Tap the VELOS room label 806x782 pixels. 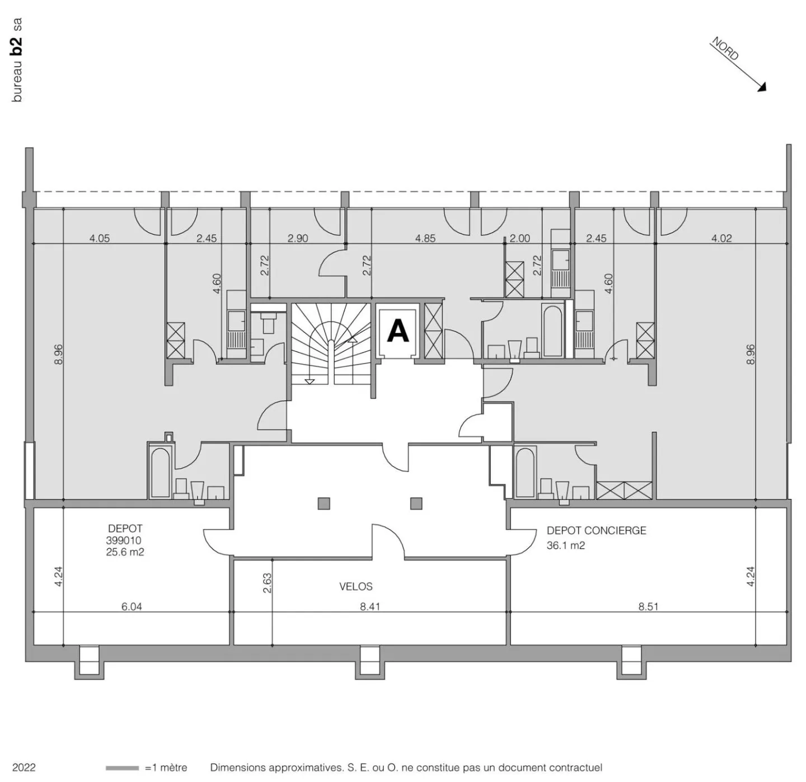click(356, 587)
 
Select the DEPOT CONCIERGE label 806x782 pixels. click(597, 531)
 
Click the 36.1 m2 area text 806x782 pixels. click(566, 545)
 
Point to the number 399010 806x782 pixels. click(124, 540)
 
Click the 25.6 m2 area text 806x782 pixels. click(125, 552)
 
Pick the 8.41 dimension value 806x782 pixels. click(370, 607)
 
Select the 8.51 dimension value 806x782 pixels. click(648, 607)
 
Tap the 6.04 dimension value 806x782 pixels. click(132, 607)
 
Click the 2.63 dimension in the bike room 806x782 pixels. click(267, 583)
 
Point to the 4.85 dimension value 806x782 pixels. click(425, 238)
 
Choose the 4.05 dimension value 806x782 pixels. click(100, 238)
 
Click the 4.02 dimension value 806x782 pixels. click(721, 238)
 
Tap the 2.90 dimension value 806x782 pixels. click(298, 238)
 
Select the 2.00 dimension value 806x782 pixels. click(520, 238)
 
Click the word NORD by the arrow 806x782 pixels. click(725, 49)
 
